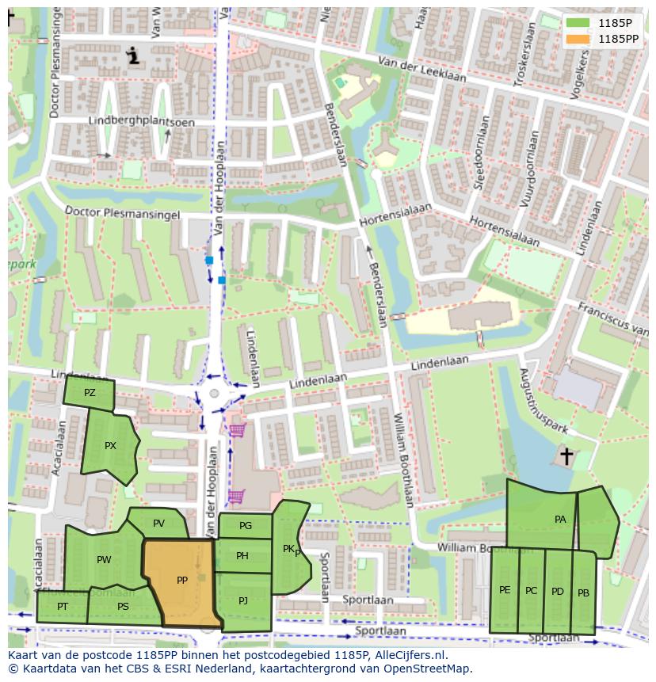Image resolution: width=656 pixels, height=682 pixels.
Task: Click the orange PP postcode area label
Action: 182,581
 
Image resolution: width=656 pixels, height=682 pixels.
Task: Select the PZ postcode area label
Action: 90,393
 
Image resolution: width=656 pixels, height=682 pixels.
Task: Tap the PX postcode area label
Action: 110,446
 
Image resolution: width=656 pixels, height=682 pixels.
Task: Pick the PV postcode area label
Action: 158,524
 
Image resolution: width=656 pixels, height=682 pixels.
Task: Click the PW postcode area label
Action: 104,560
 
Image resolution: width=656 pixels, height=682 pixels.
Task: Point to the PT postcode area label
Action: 62,607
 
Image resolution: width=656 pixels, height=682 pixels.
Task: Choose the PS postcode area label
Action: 123,607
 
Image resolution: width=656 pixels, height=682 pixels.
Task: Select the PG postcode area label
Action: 245,526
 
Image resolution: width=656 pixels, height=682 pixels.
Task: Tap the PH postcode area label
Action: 242,556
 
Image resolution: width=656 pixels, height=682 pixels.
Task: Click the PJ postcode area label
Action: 243,601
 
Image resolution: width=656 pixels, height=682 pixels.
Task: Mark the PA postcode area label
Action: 560,520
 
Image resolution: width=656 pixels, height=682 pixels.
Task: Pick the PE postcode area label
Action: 505,590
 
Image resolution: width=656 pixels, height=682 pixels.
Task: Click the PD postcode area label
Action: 558,592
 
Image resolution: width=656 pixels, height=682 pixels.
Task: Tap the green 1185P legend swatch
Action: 578,23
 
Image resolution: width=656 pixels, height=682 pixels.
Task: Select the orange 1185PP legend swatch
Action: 578,39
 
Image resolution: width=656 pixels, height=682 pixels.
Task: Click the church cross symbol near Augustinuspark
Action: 566,455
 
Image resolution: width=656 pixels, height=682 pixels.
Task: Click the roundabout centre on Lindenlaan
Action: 215,394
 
